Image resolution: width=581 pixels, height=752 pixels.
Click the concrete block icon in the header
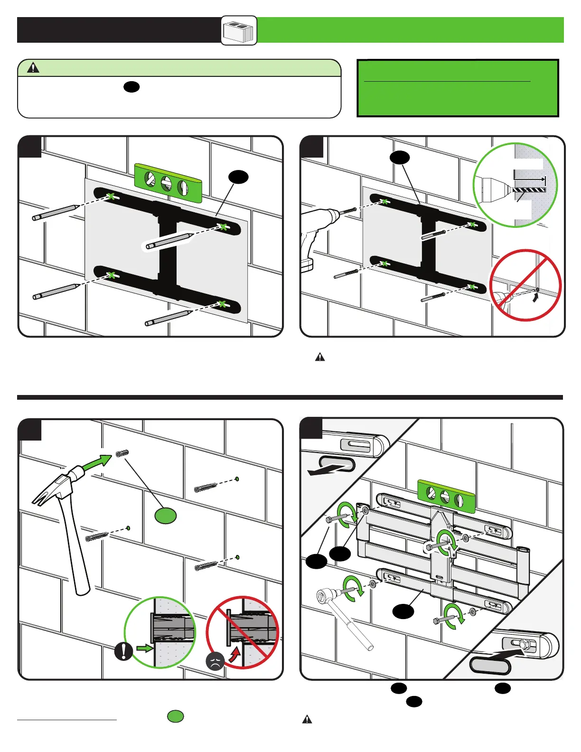[x=239, y=31]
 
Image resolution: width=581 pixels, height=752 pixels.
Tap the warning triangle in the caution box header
[x=33, y=68]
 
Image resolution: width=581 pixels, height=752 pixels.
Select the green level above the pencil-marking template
[x=168, y=182]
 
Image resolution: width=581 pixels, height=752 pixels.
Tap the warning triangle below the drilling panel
[x=320, y=357]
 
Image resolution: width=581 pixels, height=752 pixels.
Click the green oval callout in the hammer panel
[x=166, y=515]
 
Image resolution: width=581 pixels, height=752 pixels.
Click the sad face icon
[x=215, y=661]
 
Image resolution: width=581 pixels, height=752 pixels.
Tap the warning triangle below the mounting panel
[x=307, y=719]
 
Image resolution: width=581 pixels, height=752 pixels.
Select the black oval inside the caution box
[x=131, y=86]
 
